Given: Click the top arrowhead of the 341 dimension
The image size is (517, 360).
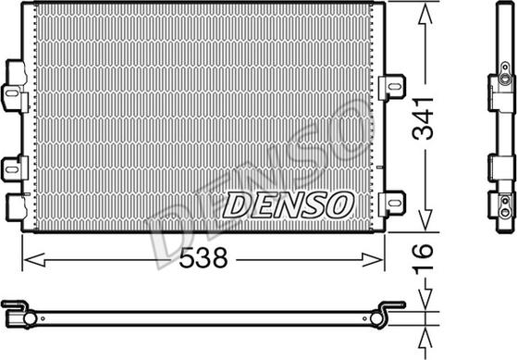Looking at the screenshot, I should [425, 11].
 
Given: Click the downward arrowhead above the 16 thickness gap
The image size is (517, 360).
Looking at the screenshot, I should [425, 303].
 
